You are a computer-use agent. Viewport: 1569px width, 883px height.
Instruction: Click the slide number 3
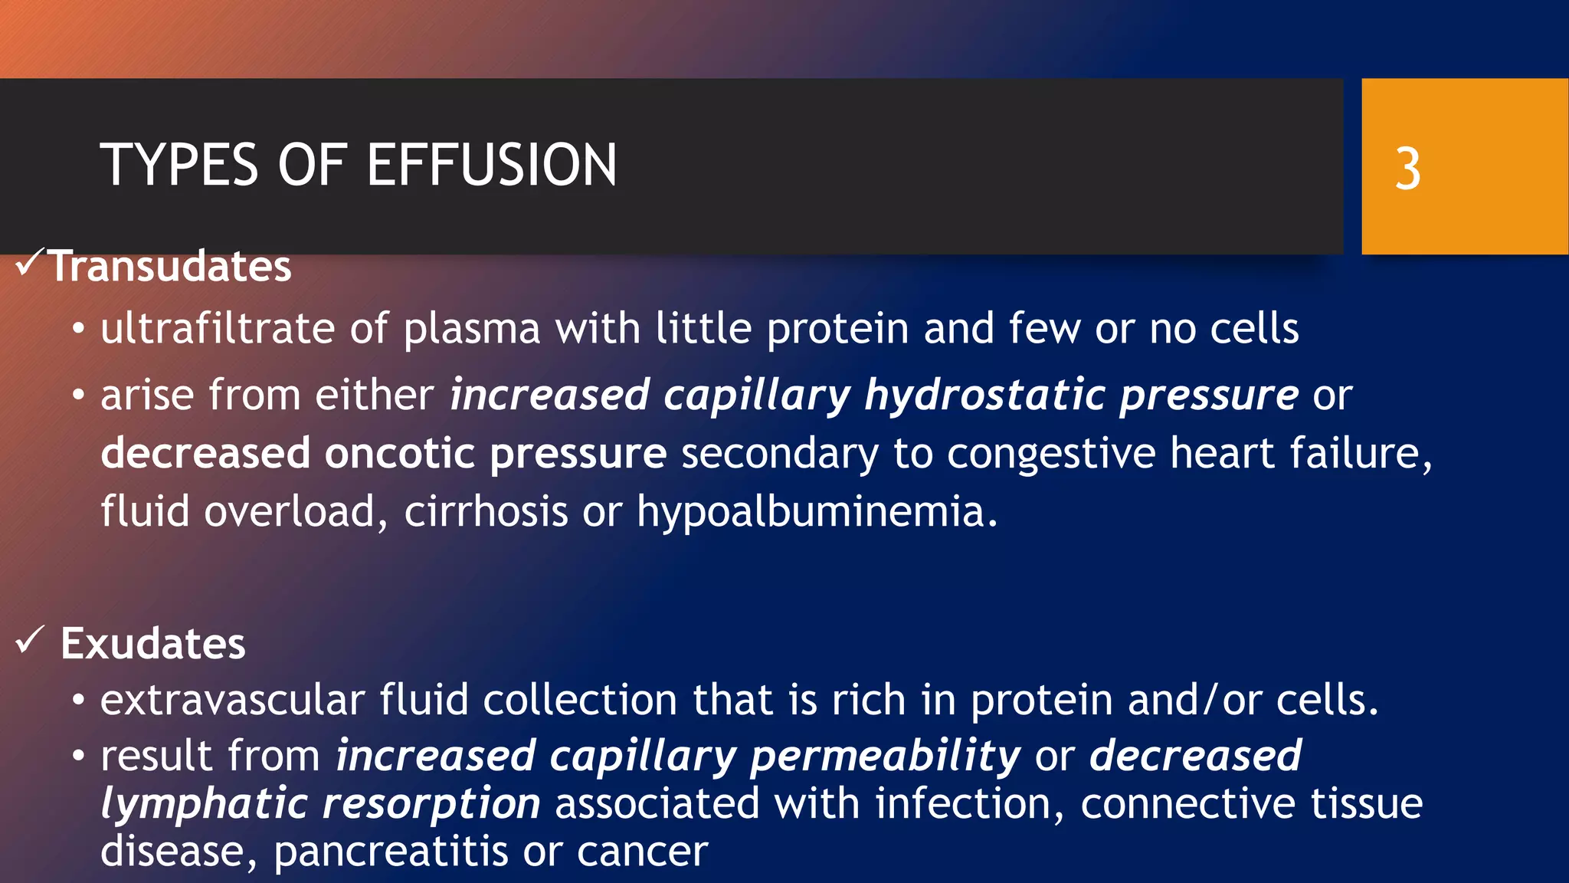1407,169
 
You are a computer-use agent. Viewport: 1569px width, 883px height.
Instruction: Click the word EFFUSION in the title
492,166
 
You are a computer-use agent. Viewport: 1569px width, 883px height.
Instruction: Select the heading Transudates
170,267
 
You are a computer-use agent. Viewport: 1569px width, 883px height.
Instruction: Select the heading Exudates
153,643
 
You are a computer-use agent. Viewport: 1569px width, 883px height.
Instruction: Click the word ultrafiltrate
218,329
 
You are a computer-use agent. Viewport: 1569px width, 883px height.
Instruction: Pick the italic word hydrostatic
984,396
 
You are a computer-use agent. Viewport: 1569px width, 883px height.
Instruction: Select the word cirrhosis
486,511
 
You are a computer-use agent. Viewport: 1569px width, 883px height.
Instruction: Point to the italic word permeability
885,757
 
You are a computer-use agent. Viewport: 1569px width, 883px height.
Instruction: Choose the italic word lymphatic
204,805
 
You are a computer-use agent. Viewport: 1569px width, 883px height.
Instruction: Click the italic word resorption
431,805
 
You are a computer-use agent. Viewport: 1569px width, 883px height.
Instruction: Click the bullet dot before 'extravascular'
78,701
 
